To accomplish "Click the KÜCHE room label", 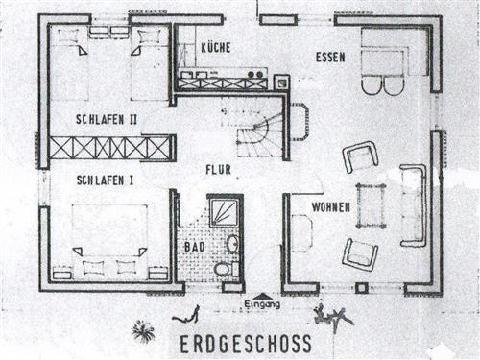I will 218,47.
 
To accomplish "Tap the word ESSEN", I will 329,58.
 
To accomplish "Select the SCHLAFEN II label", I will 108,119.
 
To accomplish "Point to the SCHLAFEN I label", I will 103,180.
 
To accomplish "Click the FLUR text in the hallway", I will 219,170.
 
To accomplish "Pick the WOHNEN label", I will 329,207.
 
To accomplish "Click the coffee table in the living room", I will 372,204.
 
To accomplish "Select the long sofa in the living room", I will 414,204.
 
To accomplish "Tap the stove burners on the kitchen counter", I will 255,72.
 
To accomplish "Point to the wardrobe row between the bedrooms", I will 110,148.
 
